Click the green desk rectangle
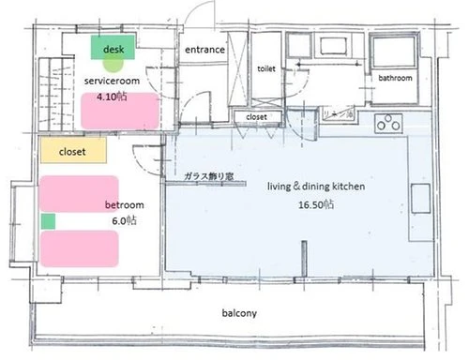pos(113,47)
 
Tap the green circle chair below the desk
pos(113,64)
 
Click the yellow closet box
pos(72,150)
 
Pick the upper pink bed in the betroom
pos(78,194)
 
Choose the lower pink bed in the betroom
pos(79,248)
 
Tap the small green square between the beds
pos(48,221)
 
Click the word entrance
pos(204,49)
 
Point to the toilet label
pos(265,68)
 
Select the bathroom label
pos(395,78)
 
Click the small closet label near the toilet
pos(256,116)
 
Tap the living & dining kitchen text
pos(315,187)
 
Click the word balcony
pos(240,313)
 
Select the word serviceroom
pos(113,82)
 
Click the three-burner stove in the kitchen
pos(387,122)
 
